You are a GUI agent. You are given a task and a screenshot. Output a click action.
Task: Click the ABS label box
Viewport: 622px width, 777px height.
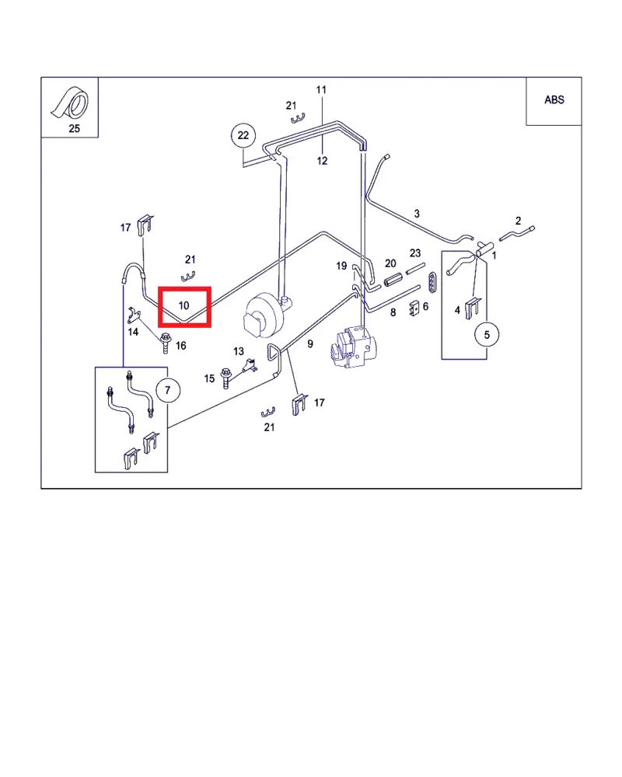pyautogui.click(x=554, y=100)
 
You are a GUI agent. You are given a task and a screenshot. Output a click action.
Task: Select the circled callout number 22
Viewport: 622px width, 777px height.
pyautogui.click(x=243, y=136)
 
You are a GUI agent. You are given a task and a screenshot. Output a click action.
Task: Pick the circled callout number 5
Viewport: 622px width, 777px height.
pyautogui.click(x=487, y=335)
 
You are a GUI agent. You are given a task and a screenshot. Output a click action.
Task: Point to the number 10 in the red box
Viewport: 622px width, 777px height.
pyautogui.click(x=184, y=305)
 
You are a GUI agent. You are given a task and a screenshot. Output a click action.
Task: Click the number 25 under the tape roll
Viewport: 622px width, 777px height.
pyautogui.click(x=75, y=129)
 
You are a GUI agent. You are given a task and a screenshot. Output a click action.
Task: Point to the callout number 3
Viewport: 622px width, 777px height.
pyautogui.click(x=417, y=214)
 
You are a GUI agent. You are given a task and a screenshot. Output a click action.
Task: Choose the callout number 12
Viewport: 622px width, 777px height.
pyautogui.click(x=322, y=161)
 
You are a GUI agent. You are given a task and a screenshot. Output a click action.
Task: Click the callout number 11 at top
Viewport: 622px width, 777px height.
pyautogui.click(x=322, y=90)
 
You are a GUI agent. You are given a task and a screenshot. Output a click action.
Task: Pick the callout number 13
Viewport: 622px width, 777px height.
pyautogui.click(x=239, y=352)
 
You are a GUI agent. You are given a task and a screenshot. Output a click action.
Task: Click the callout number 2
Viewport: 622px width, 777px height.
pyautogui.click(x=518, y=221)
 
